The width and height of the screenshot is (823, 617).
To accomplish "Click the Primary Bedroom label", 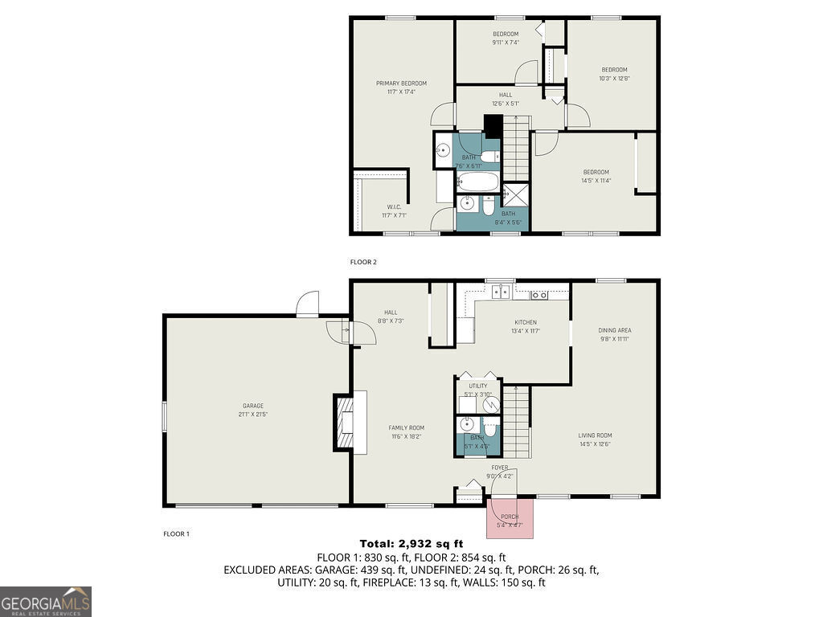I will coord(401,84).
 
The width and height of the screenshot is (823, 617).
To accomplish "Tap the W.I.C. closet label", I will coord(393,207).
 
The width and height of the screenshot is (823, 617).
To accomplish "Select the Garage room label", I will coord(253,406).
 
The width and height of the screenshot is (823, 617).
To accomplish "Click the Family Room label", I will coord(407,428).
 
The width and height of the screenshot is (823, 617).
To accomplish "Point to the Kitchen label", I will coord(526,322).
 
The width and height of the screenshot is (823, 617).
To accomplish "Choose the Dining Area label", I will coord(614,330).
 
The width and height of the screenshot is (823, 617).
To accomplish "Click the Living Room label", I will coord(595,436).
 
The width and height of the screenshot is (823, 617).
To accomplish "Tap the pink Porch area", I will coord(510,518).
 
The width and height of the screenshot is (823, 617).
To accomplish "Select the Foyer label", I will coord(500,468).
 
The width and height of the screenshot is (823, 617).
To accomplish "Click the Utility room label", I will coord(477,386).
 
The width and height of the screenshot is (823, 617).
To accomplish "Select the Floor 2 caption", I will coord(363,262).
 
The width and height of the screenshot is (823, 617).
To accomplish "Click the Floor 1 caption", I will coord(176,533).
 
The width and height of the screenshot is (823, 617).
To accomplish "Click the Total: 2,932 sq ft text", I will coord(411,544).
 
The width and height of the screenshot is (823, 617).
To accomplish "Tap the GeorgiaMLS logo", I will coord(46,601).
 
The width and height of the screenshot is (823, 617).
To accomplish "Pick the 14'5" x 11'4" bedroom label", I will coord(596,172).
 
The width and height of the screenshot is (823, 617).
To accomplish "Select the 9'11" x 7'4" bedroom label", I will coord(505,34).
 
